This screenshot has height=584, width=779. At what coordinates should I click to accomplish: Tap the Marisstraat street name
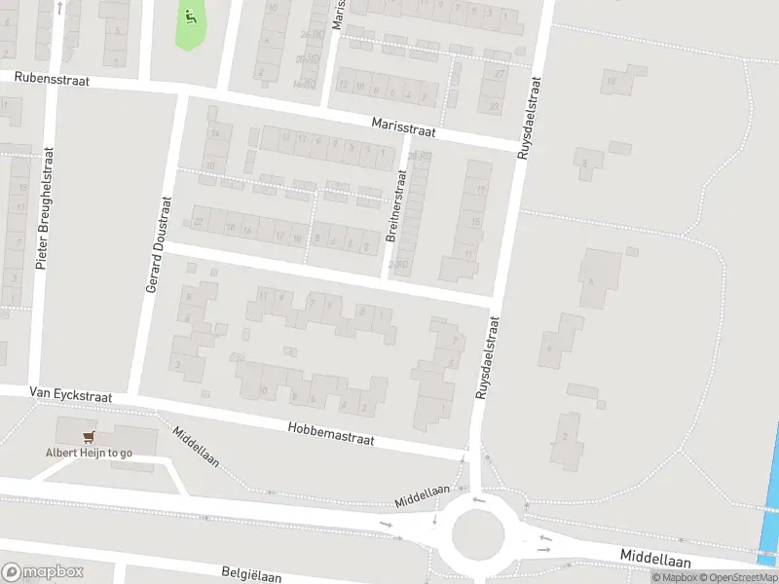pyautogui.click(x=402, y=126)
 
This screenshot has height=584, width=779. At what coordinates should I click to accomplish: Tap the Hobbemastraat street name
pyautogui.click(x=331, y=434)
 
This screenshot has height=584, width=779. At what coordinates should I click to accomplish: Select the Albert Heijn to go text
pyautogui.click(x=89, y=454)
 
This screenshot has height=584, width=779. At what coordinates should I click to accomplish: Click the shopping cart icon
pyautogui.click(x=89, y=438)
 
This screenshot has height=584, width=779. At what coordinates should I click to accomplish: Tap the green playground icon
pyautogui.click(x=190, y=16)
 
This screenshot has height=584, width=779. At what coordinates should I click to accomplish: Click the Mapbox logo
pyautogui.click(x=43, y=572)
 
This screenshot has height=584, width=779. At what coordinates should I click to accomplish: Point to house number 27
pyautogui.click(x=500, y=74)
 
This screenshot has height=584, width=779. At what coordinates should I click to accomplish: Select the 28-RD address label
pyautogui.click(x=419, y=156)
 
